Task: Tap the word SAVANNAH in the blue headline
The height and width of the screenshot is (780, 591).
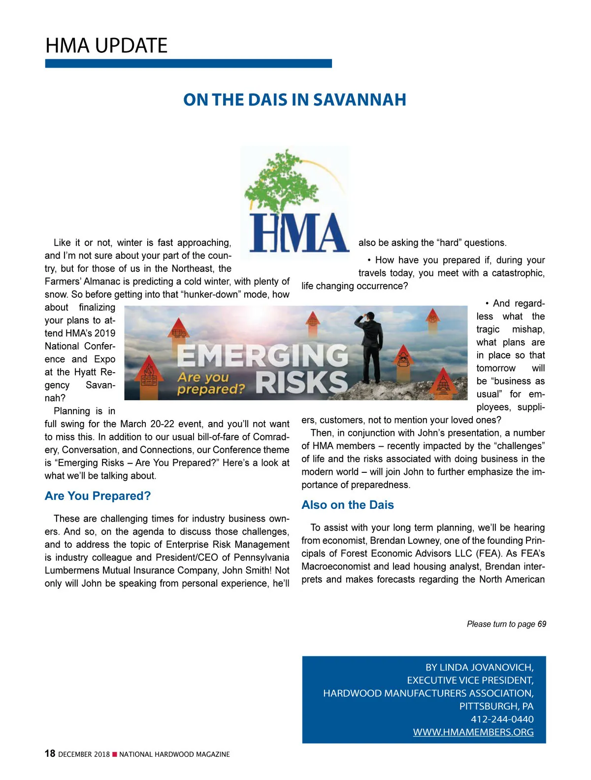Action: [360, 100]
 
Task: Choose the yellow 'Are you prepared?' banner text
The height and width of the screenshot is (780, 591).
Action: [211, 384]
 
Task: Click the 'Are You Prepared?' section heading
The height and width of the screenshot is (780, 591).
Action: [98, 496]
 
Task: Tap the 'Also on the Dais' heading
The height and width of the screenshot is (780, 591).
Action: [348, 505]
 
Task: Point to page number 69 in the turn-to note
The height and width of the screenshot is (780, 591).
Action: [542, 624]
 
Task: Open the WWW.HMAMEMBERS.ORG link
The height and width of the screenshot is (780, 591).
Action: [473, 732]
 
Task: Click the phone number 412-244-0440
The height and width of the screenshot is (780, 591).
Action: [502, 719]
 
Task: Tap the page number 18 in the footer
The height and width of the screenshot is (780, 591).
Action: [50, 753]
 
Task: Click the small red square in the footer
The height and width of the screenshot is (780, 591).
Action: [115, 754]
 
